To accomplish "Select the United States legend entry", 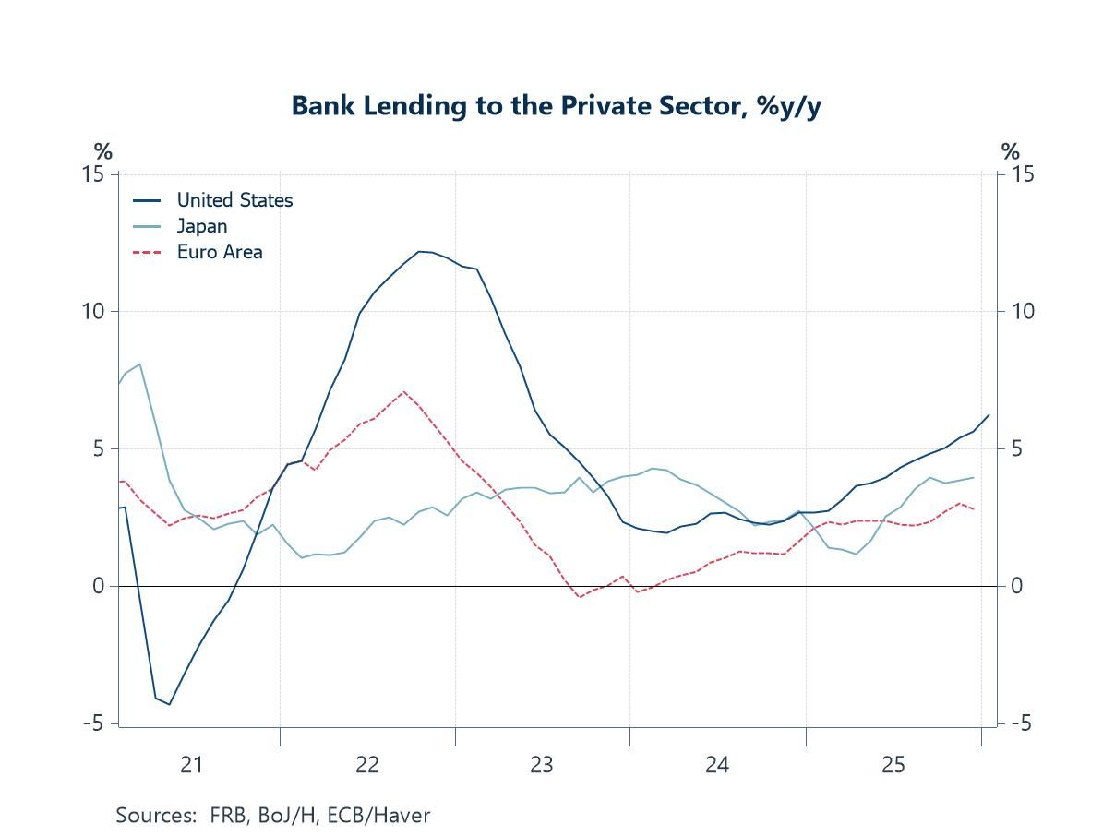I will click(x=234, y=200).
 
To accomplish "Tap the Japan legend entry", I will click(x=201, y=226).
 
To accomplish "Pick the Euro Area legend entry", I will click(x=220, y=252).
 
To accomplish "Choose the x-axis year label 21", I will click(x=191, y=765).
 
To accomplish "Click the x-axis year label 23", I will click(x=542, y=765).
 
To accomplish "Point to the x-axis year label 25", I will click(x=893, y=765).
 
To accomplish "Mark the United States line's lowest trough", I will click(x=169, y=704).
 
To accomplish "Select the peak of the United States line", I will click(x=419, y=251).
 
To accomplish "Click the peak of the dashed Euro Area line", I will click(x=403, y=391).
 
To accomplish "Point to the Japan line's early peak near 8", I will click(x=139, y=364).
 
